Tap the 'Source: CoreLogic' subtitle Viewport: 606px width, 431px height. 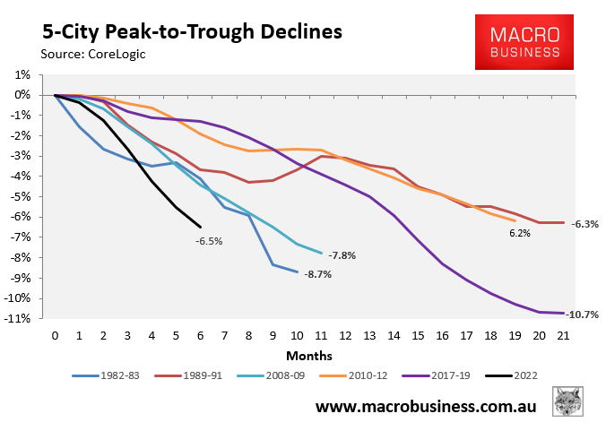[x=91, y=55]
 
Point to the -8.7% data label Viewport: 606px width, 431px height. [x=317, y=274]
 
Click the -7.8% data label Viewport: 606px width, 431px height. [x=342, y=255]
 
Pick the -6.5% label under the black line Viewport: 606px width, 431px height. [x=209, y=241]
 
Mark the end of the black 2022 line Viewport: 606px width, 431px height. [x=200, y=227]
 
